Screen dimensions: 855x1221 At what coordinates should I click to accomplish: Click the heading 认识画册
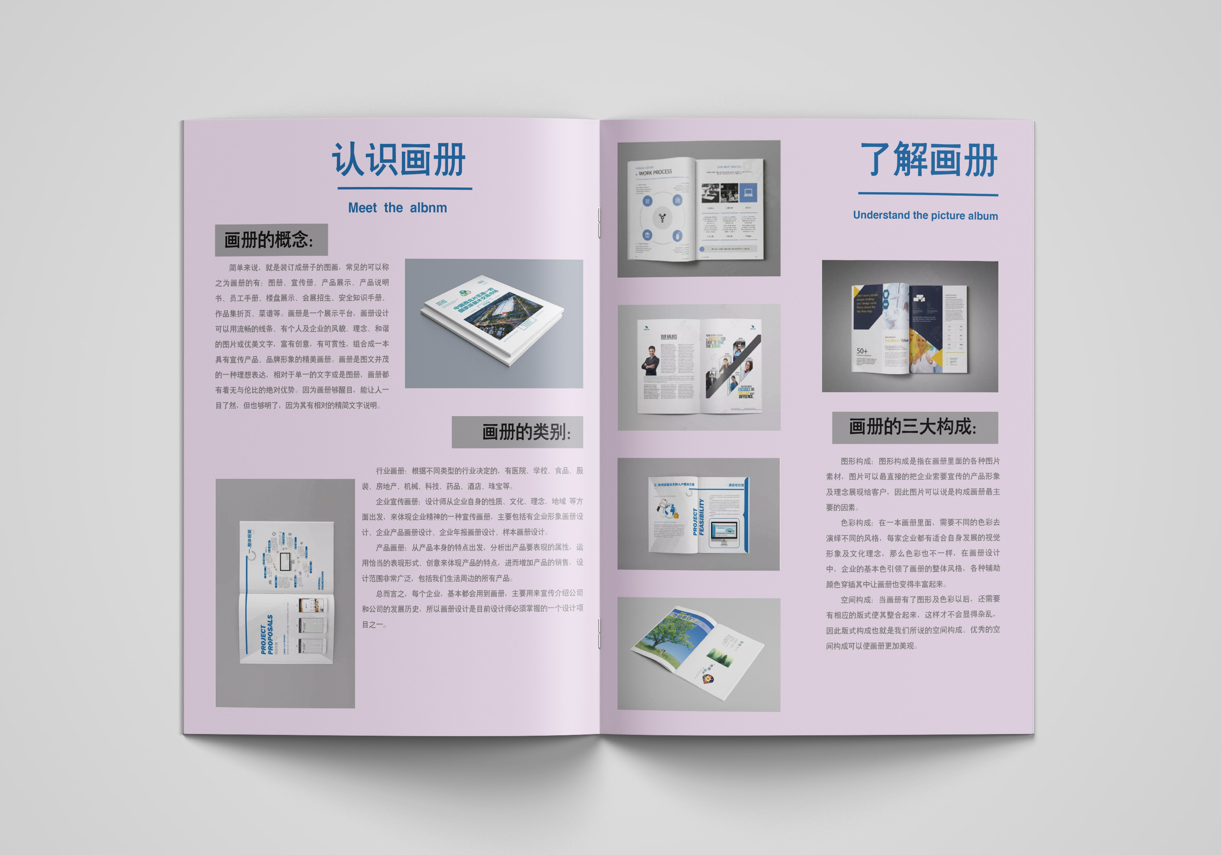(x=399, y=160)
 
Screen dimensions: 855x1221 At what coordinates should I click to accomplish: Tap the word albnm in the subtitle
(x=428, y=208)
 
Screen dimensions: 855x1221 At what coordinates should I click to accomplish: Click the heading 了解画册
(x=928, y=160)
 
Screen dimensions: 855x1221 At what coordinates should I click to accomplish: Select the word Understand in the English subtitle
(x=881, y=215)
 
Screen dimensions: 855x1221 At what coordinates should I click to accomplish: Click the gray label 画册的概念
(x=271, y=240)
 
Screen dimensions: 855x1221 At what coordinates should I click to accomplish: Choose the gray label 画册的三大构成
(x=914, y=427)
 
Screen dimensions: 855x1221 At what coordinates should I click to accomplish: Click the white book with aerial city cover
(x=492, y=319)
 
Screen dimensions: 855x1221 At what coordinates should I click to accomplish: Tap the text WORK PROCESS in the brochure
(x=655, y=172)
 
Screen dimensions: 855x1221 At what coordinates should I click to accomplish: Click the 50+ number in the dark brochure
(x=862, y=351)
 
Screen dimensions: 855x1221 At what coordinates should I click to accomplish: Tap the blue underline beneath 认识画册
(x=404, y=189)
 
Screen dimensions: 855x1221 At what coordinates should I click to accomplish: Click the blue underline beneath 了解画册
(x=928, y=194)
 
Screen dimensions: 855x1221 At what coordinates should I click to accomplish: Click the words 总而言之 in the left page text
(x=391, y=594)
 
